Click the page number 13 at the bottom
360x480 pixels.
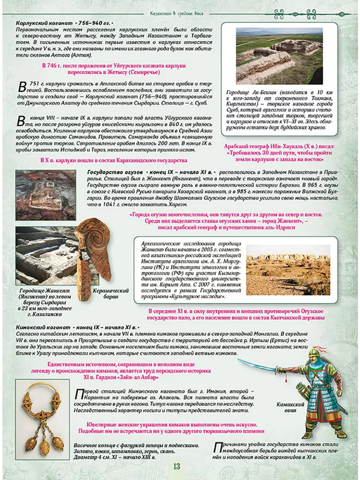tap(177, 466)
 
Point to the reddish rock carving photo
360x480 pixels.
tap(46, 195)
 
